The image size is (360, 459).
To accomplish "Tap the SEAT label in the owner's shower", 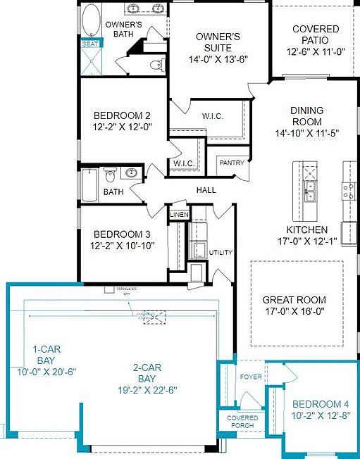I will point(91,44).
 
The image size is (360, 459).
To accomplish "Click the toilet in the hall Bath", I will point(110,174).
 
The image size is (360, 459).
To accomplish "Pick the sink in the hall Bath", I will point(131,173).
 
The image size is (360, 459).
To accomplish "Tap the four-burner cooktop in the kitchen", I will point(347,188).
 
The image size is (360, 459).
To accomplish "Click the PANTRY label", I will point(232,163).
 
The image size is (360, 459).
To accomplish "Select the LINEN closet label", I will point(178,214).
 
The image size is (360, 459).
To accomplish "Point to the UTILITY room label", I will point(221,252).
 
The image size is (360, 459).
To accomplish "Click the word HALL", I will point(206,190).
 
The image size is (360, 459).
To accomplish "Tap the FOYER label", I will point(251,377).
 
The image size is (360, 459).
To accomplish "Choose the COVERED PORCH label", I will point(241,422).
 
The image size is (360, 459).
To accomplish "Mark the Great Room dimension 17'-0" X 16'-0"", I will point(293,310).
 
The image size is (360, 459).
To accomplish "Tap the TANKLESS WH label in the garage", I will point(126,289).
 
